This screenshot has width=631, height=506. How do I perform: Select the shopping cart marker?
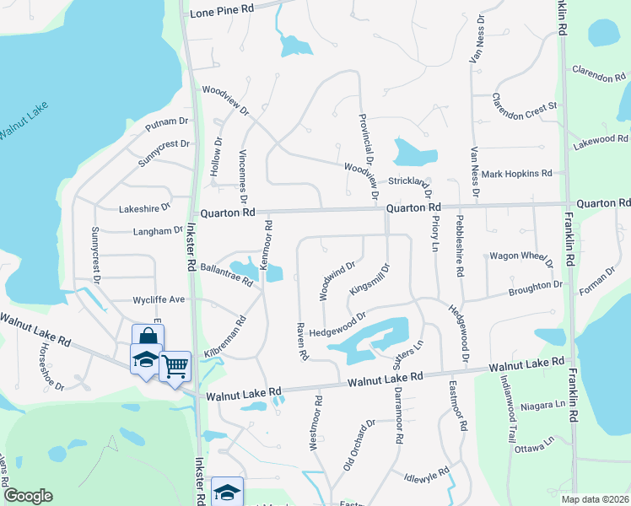coord(175,366)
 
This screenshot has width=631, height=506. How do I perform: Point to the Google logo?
coord(28,496)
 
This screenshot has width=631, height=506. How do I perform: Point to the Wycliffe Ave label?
coord(159,299)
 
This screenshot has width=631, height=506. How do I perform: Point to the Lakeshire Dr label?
coord(145,206)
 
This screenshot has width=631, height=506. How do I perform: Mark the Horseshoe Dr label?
coord(48,368)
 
